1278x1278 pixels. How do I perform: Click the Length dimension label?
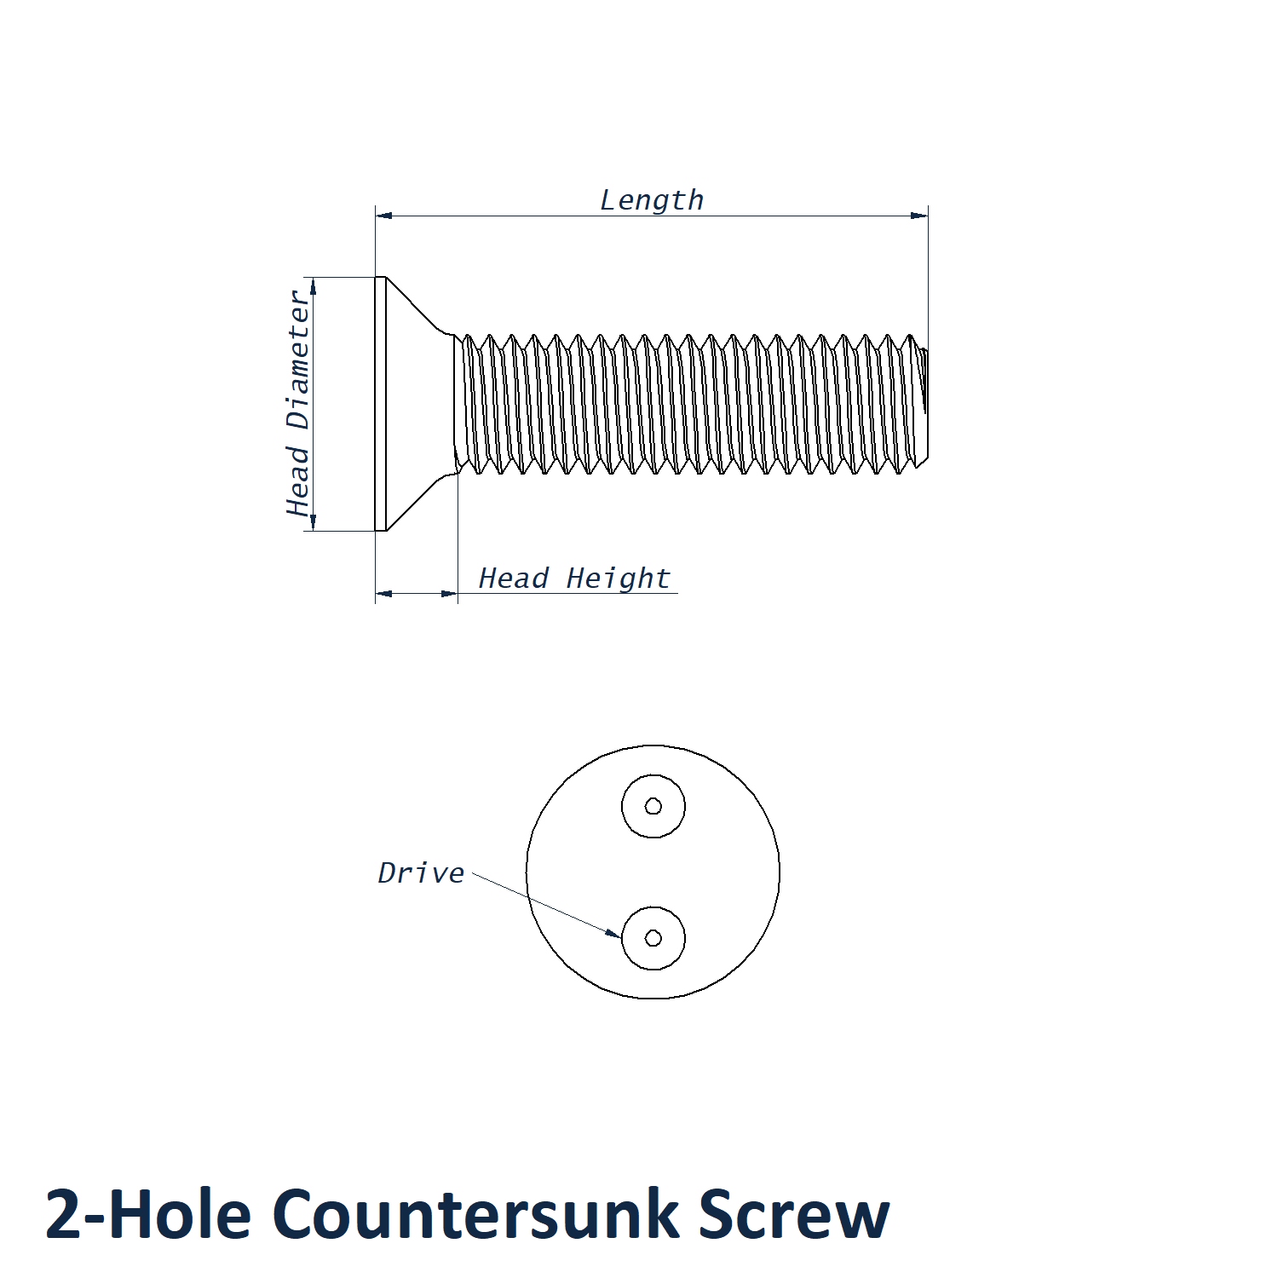(652, 200)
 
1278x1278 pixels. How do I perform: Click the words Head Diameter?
(298, 403)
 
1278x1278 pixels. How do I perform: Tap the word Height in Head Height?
(618, 579)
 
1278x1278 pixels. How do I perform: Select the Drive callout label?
(421, 872)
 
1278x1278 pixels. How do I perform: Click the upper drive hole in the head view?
(653, 806)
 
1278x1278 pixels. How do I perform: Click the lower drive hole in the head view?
(653, 938)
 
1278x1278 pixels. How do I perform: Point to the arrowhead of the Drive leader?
(613, 933)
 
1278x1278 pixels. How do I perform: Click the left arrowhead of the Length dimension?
(384, 216)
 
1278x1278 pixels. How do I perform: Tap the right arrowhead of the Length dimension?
(919, 216)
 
